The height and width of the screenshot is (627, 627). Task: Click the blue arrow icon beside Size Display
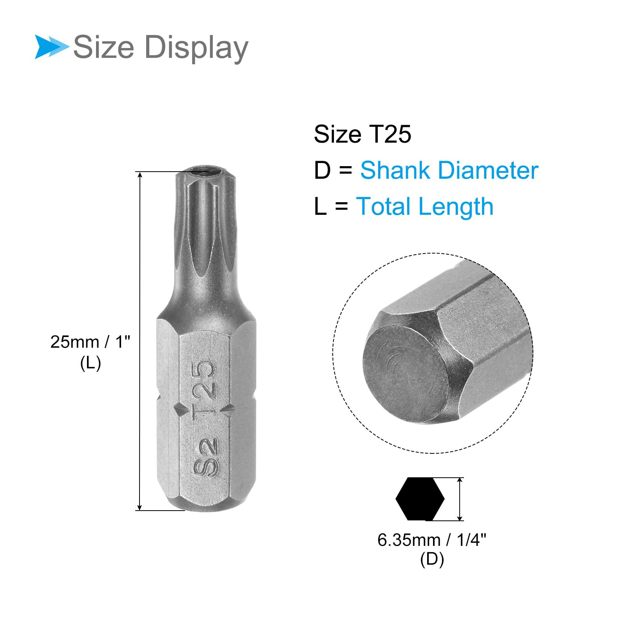[x=51, y=47]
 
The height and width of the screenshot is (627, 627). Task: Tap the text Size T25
[x=362, y=134]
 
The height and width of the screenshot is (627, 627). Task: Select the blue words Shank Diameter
[x=449, y=170]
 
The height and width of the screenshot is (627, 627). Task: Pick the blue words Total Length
[x=424, y=207]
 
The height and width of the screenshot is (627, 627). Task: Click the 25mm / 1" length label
[x=90, y=342]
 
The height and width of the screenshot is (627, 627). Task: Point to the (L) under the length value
[x=91, y=363]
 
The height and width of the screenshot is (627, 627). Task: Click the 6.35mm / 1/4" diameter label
[x=432, y=540]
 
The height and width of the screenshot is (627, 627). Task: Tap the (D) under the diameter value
[x=432, y=559]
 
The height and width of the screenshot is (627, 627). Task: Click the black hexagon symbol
[x=420, y=499]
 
